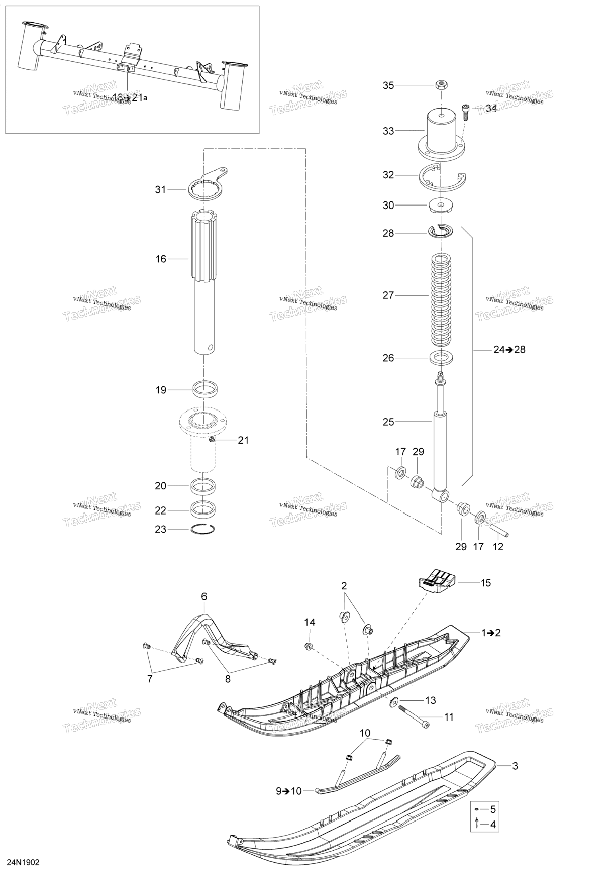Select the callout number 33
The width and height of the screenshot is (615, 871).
(388, 131)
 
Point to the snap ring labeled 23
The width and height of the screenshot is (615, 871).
(203, 529)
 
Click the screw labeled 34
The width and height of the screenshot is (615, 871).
(465, 112)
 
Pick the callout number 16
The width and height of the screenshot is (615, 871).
(160, 259)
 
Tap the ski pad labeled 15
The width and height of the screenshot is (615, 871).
(437, 582)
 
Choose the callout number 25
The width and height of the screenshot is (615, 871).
(388, 422)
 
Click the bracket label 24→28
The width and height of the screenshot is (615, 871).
(509, 350)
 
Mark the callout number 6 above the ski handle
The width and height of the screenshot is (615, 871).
(204, 596)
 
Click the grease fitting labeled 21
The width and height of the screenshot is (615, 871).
(212, 439)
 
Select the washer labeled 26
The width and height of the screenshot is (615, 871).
(441, 358)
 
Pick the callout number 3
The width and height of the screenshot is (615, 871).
(515, 766)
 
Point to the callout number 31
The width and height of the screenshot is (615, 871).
(160, 190)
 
